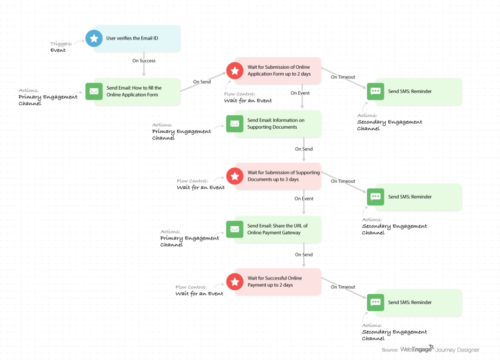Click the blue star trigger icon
(94, 38)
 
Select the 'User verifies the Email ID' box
(137, 38)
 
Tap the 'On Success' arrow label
(144, 61)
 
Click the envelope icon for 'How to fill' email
(94, 91)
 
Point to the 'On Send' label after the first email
(202, 82)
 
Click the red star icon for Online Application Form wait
(235, 70)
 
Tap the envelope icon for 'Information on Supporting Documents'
(235, 124)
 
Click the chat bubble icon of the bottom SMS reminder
(375, 302)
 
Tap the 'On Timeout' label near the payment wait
(343, 287)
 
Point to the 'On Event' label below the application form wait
(300, 93)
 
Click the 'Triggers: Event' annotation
(61, 47)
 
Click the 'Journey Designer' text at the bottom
(458, 350)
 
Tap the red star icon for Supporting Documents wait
(235, 176)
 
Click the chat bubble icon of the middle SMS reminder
(375, 197)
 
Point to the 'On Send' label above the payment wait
(304, 255)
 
